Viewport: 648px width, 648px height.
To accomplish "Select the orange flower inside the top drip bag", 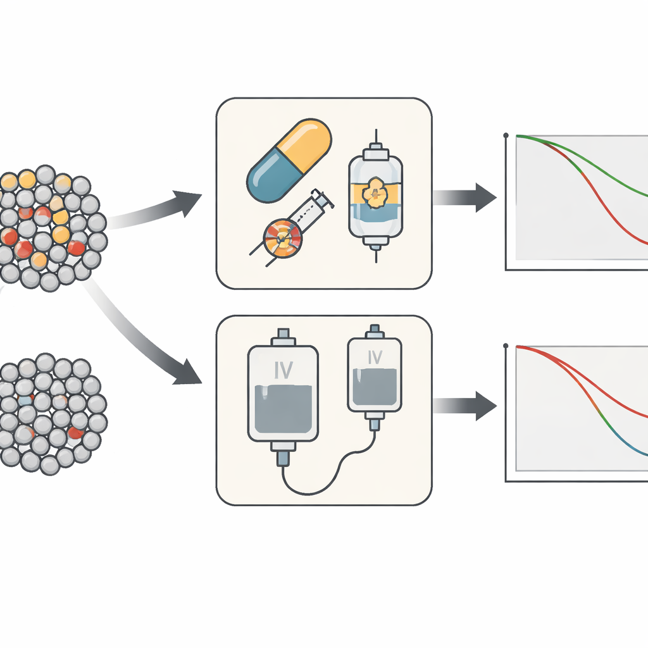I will [x=375, y=192].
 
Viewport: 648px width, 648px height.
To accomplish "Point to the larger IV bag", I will [x=283, y=392].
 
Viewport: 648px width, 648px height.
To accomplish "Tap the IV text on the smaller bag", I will [x=375, y=358].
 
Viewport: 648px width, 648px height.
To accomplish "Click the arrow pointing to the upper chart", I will [x=465, y=197].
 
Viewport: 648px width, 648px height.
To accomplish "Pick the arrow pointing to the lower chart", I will [x=465, y=406].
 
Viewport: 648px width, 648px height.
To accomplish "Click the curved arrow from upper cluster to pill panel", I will [x=158, y=209].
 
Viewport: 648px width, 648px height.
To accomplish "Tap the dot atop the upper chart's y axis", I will [x=506, y=135].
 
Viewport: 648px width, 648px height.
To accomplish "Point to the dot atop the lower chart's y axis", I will [x=506, y=346].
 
